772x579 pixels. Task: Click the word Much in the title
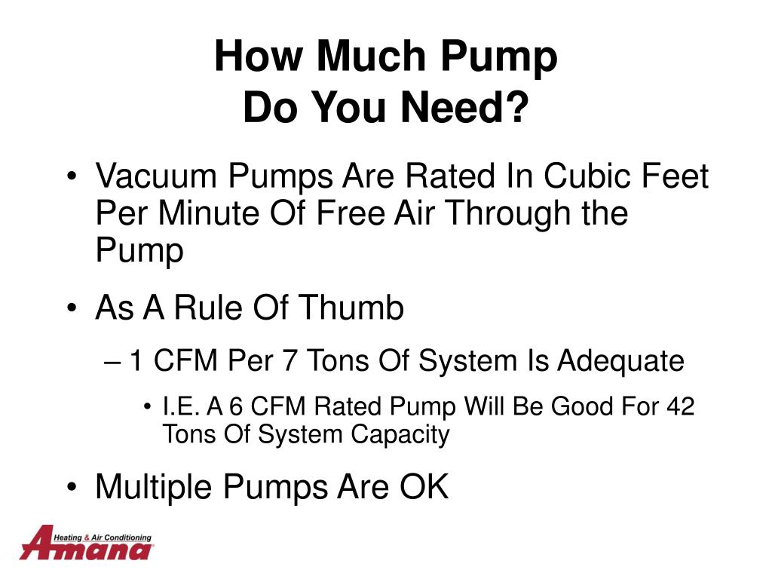pos(371,56)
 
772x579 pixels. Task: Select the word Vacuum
pos(156,176)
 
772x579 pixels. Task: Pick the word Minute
pos(209,213)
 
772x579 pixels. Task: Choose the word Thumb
pos(351,308)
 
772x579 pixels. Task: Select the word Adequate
pos(620,360)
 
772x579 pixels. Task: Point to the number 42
pos(681,406)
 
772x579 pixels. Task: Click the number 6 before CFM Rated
pos(236,406)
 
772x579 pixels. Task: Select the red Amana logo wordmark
pos(86,544)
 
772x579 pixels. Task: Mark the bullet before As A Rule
pos(72,308)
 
